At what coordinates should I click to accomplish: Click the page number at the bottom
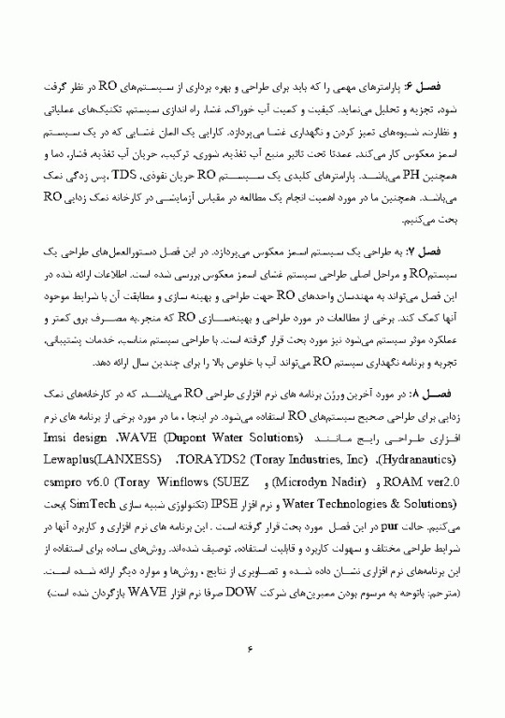pos(252,647)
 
